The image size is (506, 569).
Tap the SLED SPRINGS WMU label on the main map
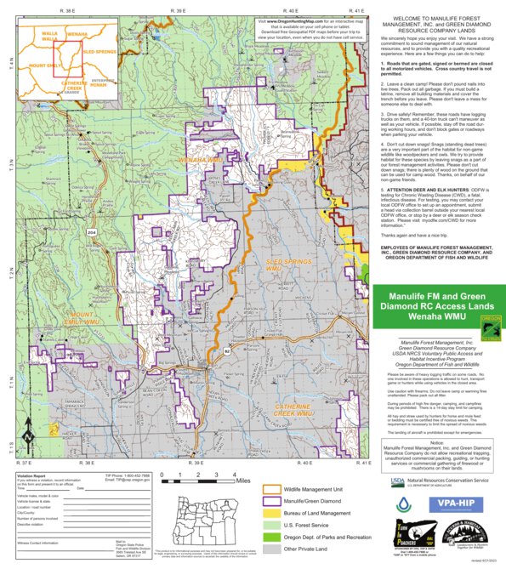click(x=286, y=264)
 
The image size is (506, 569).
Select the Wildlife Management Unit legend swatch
click(x=272, y=490)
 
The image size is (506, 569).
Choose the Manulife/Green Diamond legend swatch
click(x=272, y=502)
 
